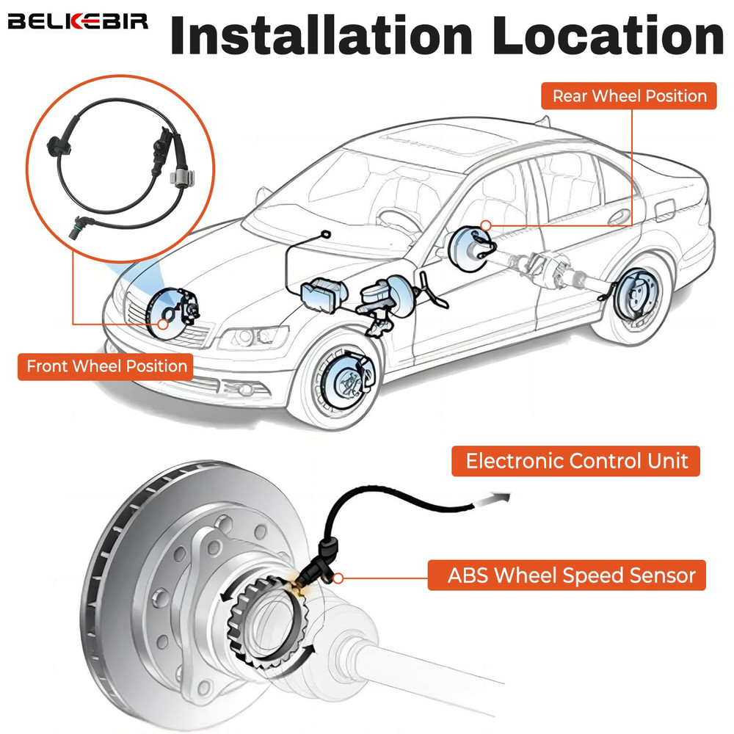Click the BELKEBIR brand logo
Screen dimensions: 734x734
(x=78, y=21)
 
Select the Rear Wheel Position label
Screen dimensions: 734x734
(x=629, y=96)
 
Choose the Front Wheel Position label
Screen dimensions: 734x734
(x=106, y=366)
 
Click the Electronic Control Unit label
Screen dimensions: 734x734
(x=577, y=461)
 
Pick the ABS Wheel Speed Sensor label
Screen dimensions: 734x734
(x=571, y=575)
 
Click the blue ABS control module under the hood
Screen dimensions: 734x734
(x=323, y=294)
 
